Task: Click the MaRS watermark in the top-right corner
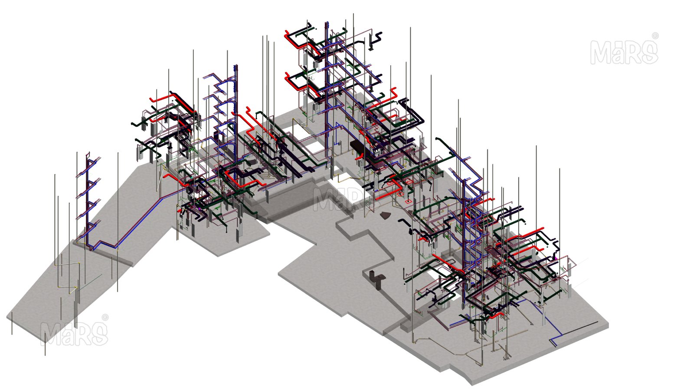pyautogui.click(x=624, y=52)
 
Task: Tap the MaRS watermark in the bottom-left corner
pyautogui.click(x=74, y=334)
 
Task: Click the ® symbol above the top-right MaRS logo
pyautogui.click(x=655, y=36)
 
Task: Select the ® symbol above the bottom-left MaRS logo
pyautogui.click(x=105, y=317)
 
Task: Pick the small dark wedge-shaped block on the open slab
pyautogui.click(x=385, y=215)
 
